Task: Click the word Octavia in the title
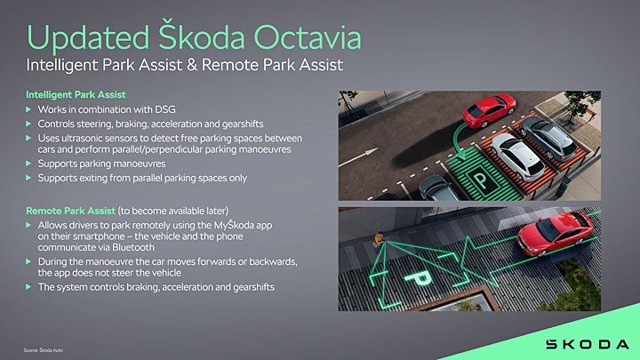(x=308, y=37)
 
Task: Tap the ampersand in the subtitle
(x=192, y=65)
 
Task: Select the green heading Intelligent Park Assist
(x=76, y=95)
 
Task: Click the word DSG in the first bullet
(x=165, y=109)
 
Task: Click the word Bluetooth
(x=133, y=247)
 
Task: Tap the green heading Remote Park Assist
(x=70, y=211)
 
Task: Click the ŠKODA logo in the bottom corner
(x=588, y=344)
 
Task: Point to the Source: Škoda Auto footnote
(x=43, y=350)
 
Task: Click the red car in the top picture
(x=489, y=110)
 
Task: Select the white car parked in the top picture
(x=517, y=156)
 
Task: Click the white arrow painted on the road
(x=358, y=157)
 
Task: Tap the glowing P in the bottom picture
(x=417, y=279)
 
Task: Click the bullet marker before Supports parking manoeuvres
(x=28, y=164)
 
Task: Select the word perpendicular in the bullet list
(x=172, y=149)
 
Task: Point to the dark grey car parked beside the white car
(x=548, y=137)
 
